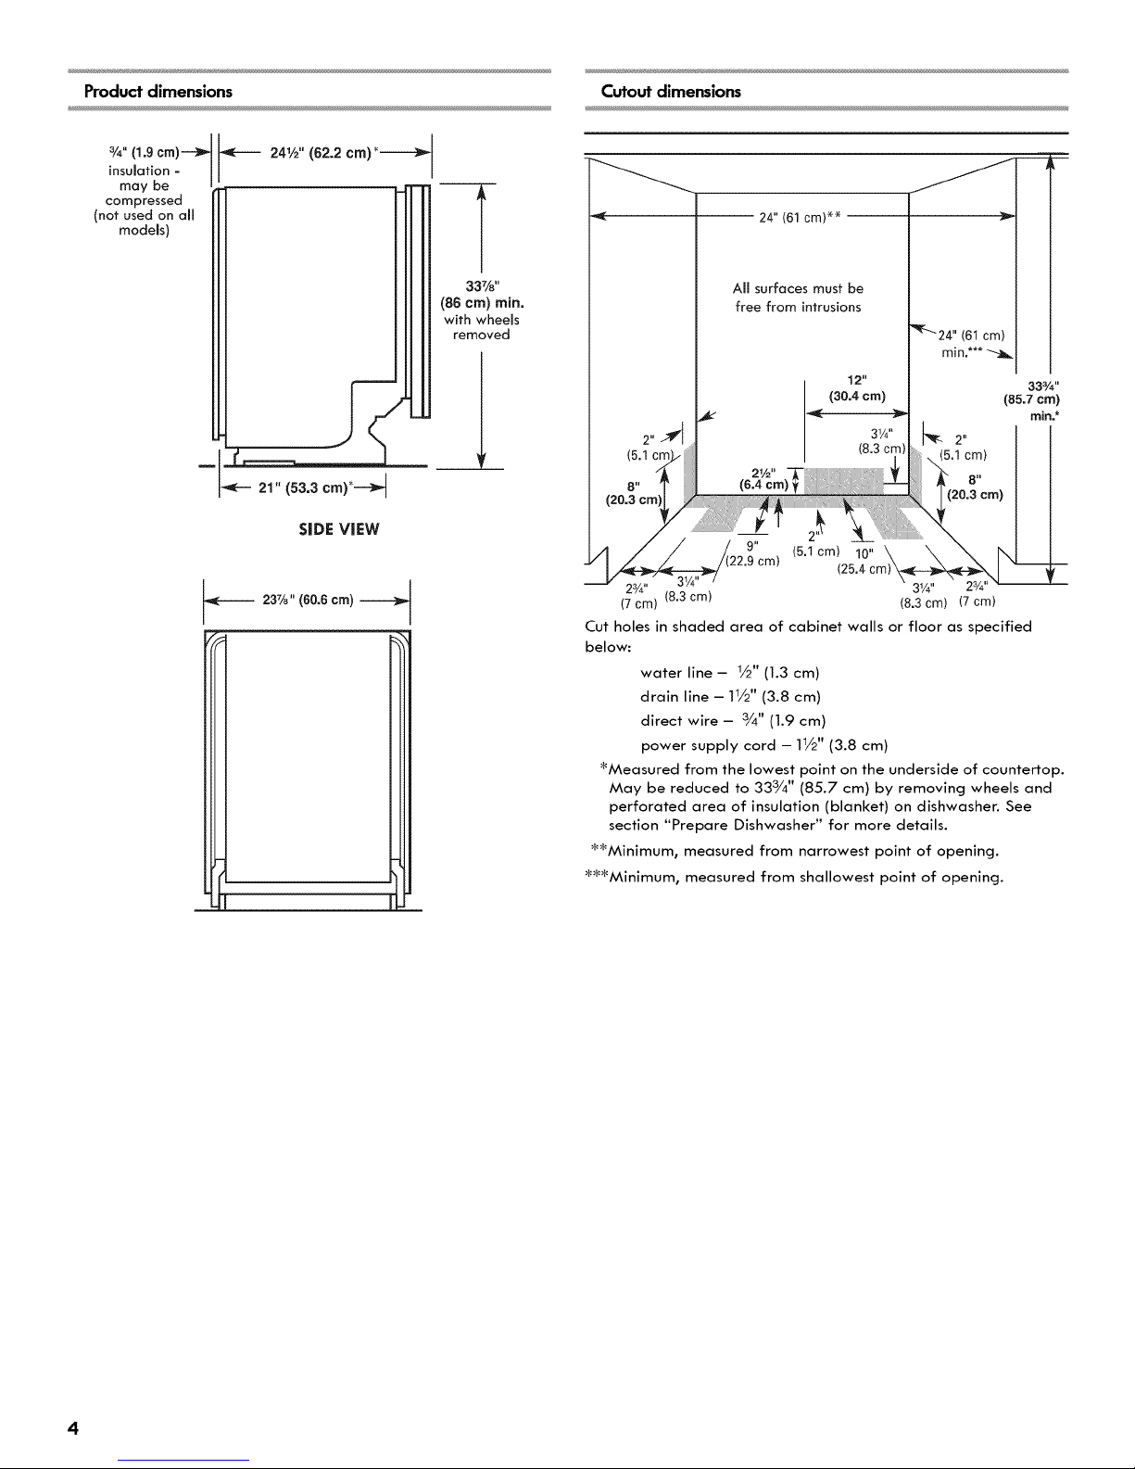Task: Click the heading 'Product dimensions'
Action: click(x=158, y=92)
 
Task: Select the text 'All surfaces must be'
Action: click(x=798, y=288)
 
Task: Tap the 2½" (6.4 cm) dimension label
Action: click(x=763, y=476)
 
